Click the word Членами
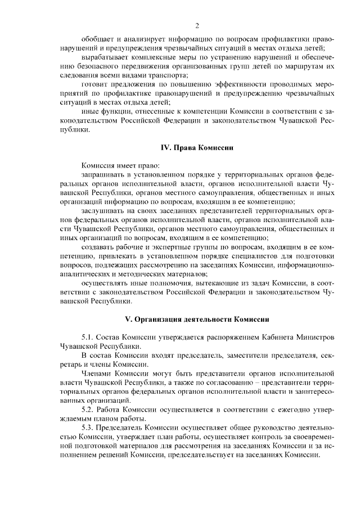pyautogui.click(x=97, y=373)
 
